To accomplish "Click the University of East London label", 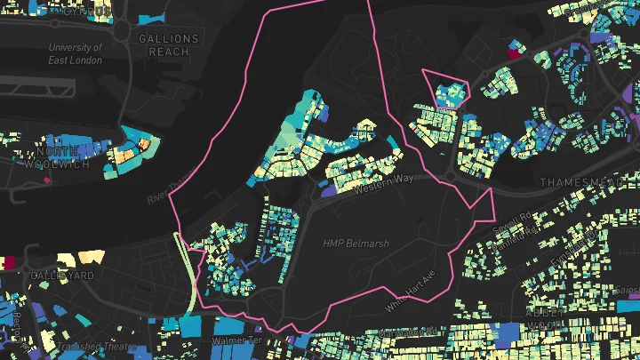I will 76,52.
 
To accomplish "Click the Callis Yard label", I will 62,276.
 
